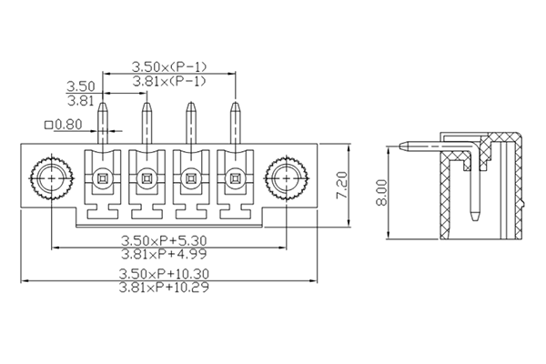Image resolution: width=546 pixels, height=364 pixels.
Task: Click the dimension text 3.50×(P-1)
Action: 169,66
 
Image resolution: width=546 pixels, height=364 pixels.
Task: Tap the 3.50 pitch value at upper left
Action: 81,87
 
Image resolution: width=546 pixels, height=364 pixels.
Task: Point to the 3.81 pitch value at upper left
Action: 81,101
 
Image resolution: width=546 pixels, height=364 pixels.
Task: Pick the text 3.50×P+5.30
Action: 169,241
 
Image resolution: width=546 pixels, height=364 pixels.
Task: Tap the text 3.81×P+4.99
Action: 169,256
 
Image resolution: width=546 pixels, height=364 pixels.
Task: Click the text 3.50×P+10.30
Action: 169,274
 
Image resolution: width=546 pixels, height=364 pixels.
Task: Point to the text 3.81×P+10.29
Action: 169,288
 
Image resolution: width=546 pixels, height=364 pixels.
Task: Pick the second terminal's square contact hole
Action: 146,177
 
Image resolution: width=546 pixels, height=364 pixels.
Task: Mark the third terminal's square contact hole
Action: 191,177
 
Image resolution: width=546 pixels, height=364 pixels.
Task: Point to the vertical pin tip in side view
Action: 474,216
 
